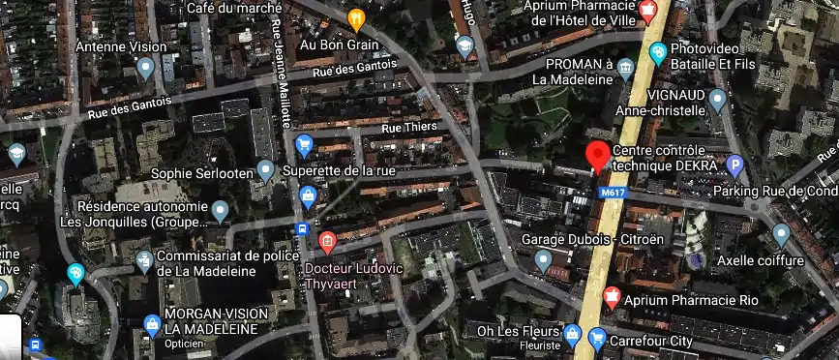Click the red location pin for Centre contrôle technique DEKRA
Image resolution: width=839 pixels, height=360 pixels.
tap(598, 155)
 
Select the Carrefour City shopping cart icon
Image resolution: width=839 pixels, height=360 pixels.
tap(597, 340)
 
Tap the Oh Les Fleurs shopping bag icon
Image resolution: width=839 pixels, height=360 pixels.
tap(573, 336)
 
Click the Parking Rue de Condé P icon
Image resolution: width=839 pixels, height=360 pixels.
tap(734, 166)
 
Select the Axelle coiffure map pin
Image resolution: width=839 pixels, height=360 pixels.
tap(781, 233)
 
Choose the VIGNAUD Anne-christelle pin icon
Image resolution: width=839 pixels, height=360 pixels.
tap(717, 98)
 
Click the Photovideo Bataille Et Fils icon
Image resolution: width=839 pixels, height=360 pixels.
tap(657, 52)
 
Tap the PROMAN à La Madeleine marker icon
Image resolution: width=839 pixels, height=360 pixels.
tap(625, 67)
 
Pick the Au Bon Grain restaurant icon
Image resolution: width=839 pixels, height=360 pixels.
tap(356, 17)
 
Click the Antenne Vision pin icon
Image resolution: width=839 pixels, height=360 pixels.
tap(146, 67)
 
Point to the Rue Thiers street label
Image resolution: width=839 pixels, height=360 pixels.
tap(410, 127)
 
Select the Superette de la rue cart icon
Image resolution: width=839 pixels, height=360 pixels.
tap(304, 146)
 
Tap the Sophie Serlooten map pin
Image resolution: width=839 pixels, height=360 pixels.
tap(267, 171)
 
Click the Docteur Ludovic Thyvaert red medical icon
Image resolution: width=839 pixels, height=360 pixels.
tap(327, 239)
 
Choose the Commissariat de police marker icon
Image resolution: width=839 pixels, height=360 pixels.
tap(144, 259)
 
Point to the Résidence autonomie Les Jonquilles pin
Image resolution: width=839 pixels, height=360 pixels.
tap(221, 210)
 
